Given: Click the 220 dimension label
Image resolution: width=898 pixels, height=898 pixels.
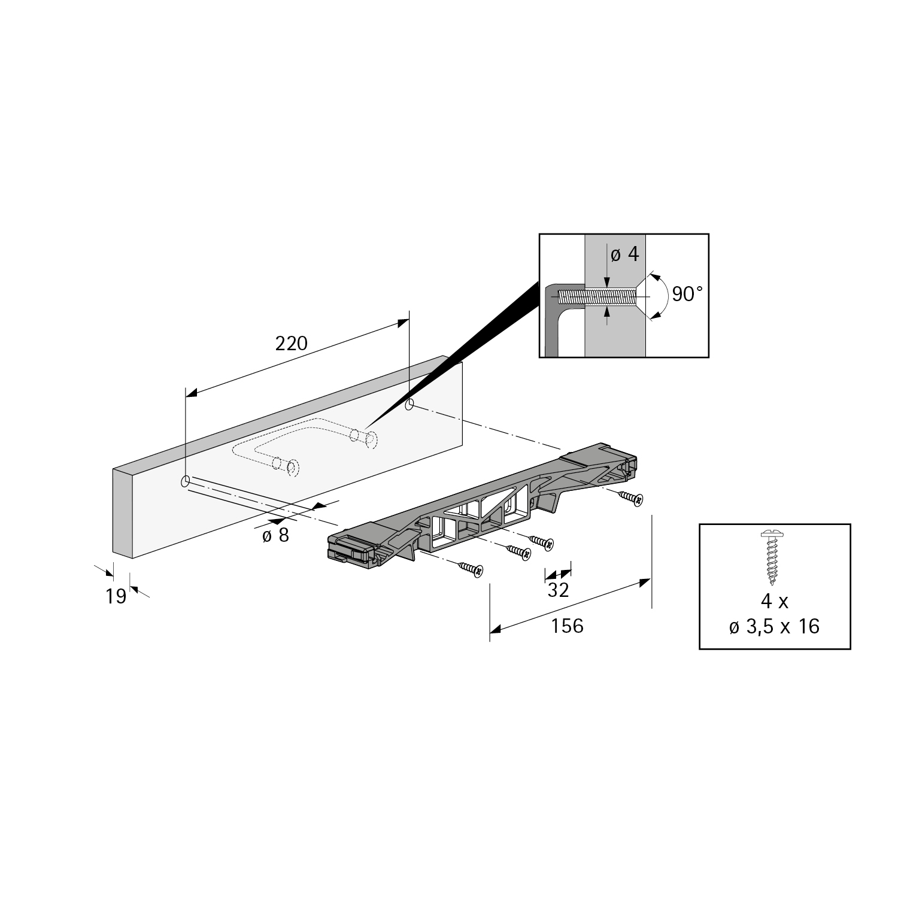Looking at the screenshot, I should [x=291, y=344].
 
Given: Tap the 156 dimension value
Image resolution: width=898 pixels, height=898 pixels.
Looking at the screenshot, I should [x=567, y=626].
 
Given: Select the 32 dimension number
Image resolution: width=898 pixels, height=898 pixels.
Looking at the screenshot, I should [x=558, y=590].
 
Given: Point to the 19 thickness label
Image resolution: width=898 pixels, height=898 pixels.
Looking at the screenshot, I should [x=116, y=596].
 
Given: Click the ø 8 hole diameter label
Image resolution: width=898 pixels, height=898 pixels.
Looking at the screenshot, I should [x=275, y=535].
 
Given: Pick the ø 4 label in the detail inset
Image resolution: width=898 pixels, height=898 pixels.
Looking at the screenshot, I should [x=624, y=254].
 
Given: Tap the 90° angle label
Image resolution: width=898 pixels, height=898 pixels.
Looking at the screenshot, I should [x=687, y=294].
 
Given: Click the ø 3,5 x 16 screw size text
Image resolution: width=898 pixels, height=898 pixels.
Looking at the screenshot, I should [x=774, y=627].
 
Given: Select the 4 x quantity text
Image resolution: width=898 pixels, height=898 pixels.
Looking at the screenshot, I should [x=774, y=601].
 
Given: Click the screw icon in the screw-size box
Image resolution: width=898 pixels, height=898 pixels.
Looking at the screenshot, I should [x=773, y=557].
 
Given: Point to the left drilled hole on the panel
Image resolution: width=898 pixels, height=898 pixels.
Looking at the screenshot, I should [x=186, y=481].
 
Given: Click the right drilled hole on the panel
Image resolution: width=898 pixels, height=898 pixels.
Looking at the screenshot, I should [x=409, y=405].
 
